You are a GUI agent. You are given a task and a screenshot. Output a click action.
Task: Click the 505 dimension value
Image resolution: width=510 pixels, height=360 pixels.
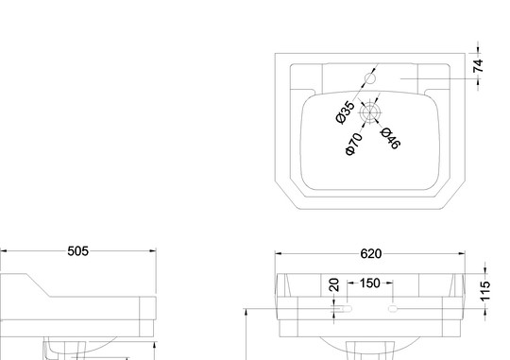coord(77,251)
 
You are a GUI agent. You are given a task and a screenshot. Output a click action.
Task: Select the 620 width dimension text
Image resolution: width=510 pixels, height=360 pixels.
coord(371,254)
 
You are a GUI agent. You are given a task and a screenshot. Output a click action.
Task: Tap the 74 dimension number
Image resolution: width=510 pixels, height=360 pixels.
coord(479,66)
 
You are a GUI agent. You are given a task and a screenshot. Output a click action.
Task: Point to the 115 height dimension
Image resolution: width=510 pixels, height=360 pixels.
coord(484,291)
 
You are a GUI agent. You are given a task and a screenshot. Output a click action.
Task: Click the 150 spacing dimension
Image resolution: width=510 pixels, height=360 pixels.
coord(370,283)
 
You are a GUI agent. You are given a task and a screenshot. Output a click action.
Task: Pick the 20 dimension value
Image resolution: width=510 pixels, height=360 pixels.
coord(334,284)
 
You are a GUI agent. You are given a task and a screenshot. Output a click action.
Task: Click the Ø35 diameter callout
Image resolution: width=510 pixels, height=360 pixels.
coord(345,112)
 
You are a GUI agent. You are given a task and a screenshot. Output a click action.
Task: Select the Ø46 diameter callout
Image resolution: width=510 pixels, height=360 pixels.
coord(390,138)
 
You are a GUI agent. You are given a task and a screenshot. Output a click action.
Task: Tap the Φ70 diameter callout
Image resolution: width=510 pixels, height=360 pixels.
coord(353,144)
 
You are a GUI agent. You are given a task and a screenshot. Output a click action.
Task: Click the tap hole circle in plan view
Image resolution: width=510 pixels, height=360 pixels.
coord(370,78)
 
